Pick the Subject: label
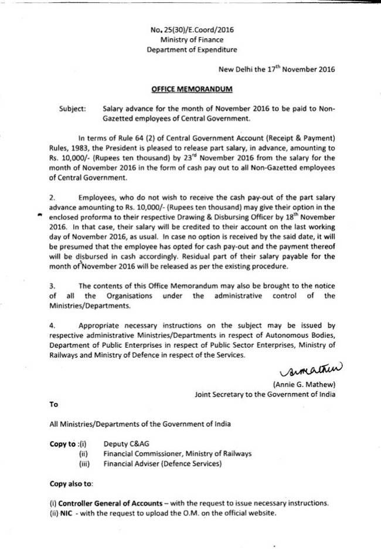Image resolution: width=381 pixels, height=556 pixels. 73,109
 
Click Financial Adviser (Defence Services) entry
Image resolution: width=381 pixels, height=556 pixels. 162,464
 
